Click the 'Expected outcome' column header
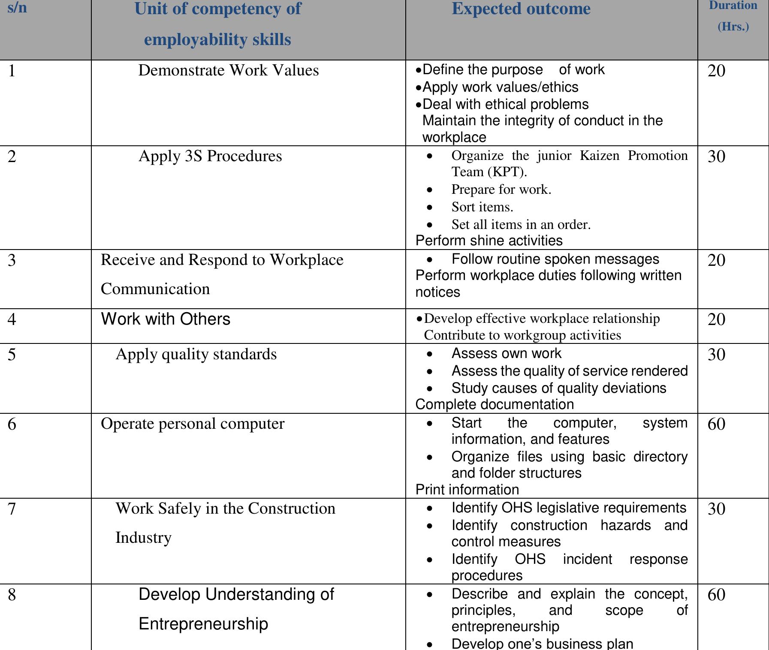pos(521,9)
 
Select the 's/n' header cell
pos(17,8)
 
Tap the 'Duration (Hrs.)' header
pos(733,16)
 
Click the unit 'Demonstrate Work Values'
pos(228,70)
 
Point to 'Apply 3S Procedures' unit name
pos(210,156)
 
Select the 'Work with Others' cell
pos(166,319)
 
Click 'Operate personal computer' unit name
pos(193,424)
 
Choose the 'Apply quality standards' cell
pos(196,354)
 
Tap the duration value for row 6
pos(716,424)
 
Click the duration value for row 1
pos(716,71)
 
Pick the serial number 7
pos(12,509)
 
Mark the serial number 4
pos(12,319)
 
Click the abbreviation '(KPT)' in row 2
pos(507,172)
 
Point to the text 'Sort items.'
pos(482,207)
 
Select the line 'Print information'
pos(467,490)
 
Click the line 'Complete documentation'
pos(495,404)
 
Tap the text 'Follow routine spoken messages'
pos(555,259)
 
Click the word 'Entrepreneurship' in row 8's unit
pos(203,623)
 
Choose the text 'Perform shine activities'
pos(489,241)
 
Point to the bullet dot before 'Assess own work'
pos(430,354)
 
